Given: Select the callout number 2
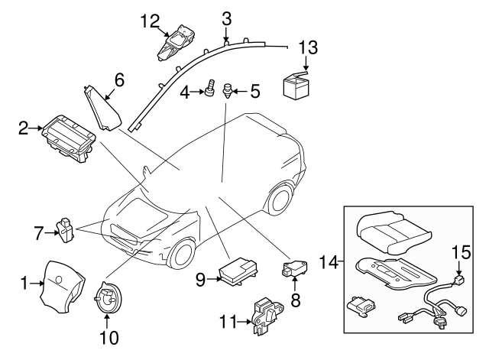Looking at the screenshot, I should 24,126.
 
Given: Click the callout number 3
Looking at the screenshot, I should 227,17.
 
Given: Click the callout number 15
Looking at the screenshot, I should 459,250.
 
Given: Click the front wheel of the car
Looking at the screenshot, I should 183,255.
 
